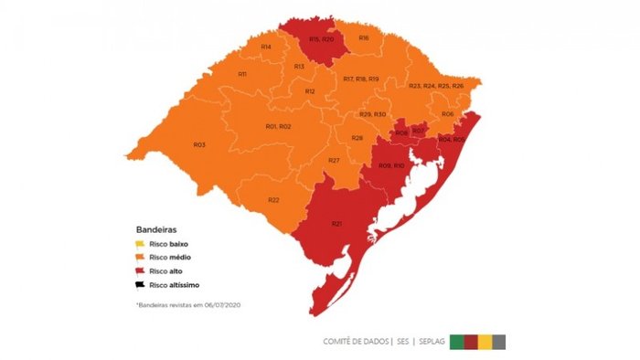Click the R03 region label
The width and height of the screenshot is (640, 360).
coord(199,145)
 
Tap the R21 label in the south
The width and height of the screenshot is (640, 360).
coord(336,224)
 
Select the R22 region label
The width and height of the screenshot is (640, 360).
coord(273,200)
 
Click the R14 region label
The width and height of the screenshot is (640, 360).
coord(265,47)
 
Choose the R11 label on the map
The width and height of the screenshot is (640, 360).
coord(242,74)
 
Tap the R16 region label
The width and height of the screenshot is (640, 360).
coord(364,37)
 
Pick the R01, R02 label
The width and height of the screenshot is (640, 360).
coord(278,125)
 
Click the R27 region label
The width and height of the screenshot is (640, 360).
coord(335,161)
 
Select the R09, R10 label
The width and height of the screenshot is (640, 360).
coord(391,165)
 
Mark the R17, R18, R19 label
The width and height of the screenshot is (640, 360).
coord(360,79)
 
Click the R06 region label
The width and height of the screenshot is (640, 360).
coord(447,113)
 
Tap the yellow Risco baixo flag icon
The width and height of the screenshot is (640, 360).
coord(140,243)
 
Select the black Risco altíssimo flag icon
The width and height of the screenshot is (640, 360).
coord(140,286)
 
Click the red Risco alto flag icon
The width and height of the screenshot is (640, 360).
coord(140,271)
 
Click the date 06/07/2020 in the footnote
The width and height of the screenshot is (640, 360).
coord(230,302)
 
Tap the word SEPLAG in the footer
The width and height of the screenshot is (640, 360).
coord(431,342)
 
